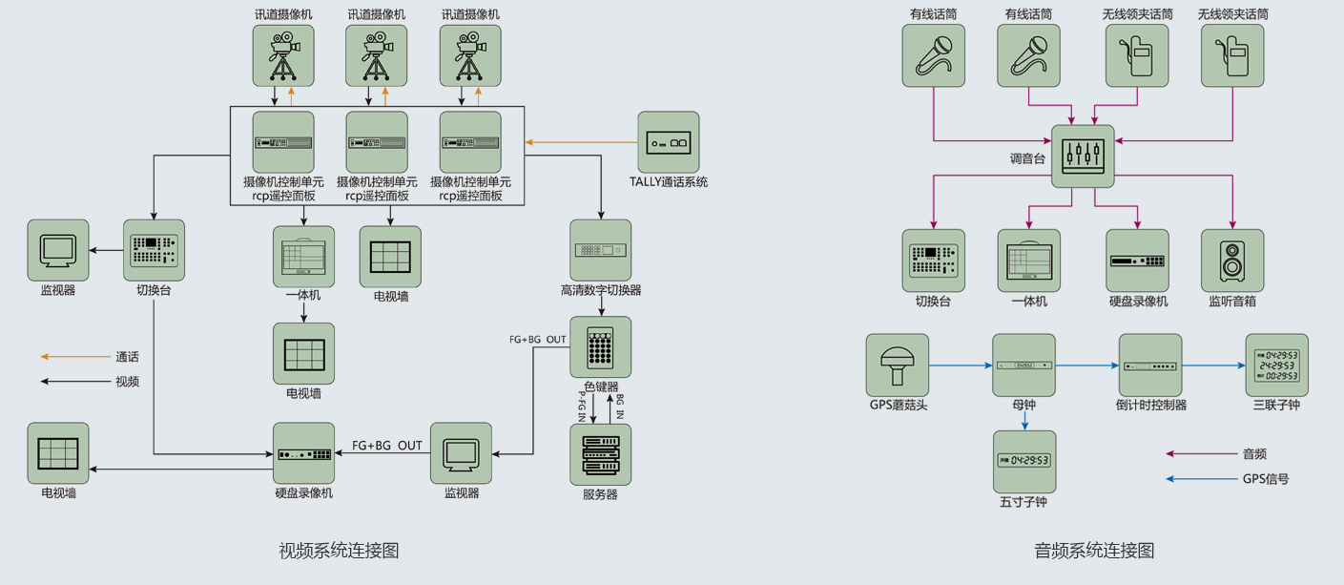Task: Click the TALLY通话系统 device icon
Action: [668, 142]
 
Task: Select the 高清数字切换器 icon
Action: [601, 250]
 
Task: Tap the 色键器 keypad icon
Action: [601, 347]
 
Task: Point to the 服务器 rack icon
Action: [601, 454]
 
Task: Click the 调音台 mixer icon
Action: [1083, 156]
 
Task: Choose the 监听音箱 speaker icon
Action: [1232, 261]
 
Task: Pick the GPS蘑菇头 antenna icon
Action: [898, 365]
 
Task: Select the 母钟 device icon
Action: [1024, 365]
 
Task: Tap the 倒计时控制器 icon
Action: [1149, 365]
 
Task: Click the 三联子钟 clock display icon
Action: [1276, 365]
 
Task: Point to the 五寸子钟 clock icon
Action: [1024, 461]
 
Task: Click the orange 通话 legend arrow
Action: [75, 357]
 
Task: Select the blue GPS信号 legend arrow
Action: [1201, 479]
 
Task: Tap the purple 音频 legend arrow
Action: [1201, 454]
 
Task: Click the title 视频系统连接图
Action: [338, 551]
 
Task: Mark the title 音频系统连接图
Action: [1094, 551]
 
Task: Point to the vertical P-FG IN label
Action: [581, 405]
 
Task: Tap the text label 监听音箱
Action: [1232, 302]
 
